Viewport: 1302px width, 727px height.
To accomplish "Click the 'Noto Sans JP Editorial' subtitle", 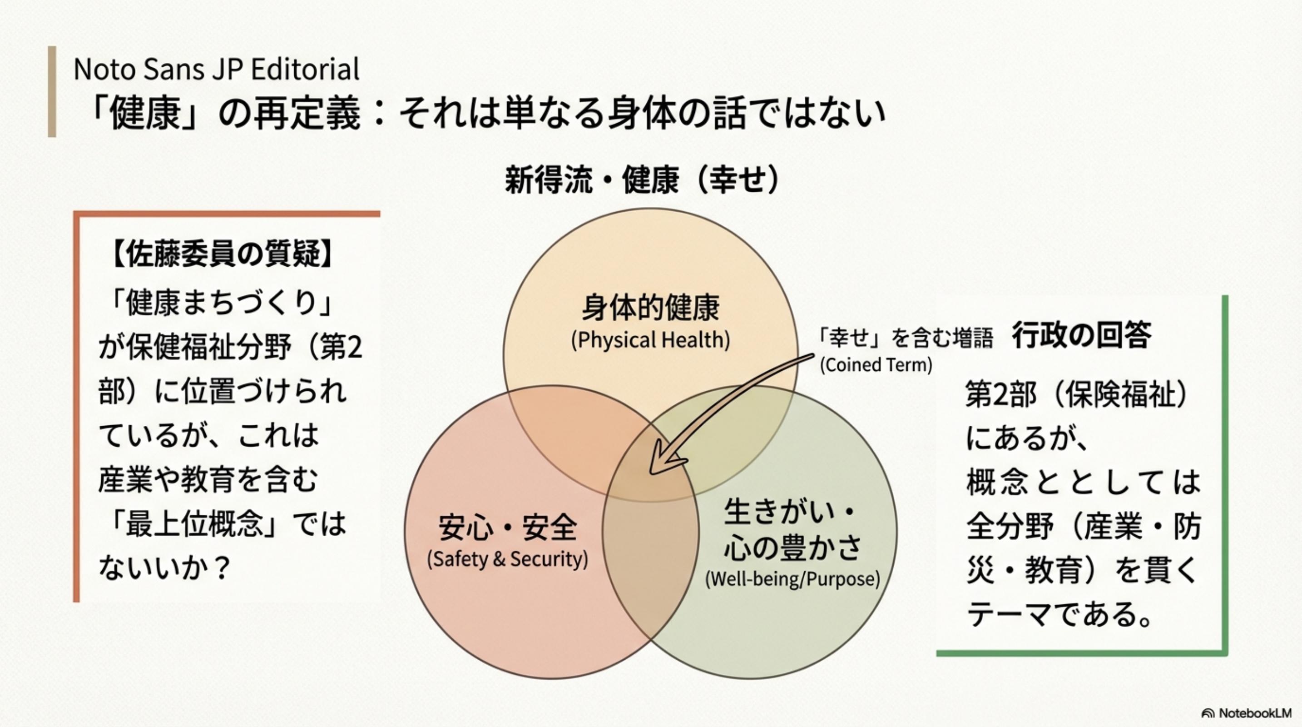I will tap(216, 69).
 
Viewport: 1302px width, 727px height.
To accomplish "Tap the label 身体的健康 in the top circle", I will tap(650, 307).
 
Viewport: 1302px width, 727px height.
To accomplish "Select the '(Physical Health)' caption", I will tap(650, 340).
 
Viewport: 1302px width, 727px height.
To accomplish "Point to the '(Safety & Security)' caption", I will tap(507, 559).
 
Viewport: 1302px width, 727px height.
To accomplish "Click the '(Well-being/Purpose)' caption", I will tap(792, 579).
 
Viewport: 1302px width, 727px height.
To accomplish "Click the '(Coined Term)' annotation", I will tap(876, 364).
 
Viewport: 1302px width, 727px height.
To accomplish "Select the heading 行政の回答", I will tap(1082, 335).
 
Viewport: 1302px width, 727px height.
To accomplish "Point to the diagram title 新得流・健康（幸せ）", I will tap(642, 179).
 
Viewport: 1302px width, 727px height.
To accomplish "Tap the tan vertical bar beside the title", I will tap(52, 91).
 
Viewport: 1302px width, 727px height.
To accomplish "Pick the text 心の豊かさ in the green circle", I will tap(792, 547).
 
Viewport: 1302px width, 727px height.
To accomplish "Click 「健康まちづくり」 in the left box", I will tap(220, 304).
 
